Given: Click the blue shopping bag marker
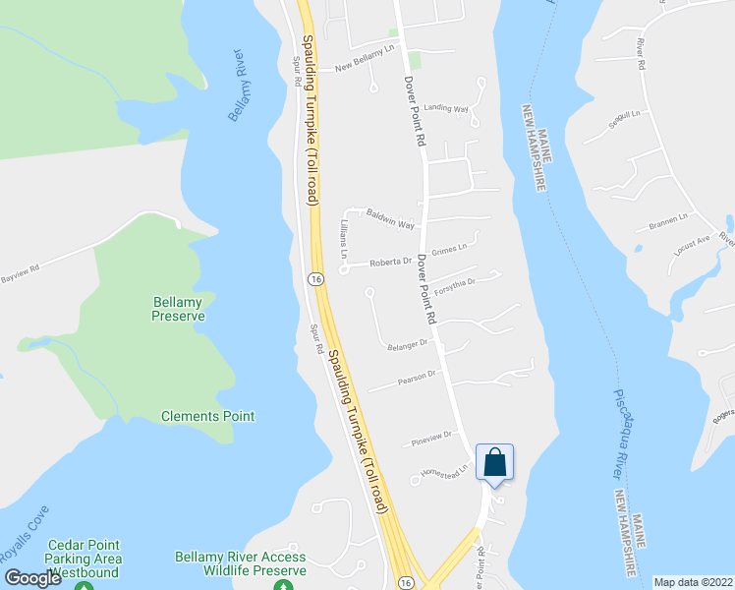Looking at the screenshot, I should pos(494,462).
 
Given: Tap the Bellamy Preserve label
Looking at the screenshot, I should pos(179,309).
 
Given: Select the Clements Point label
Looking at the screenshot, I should pos(208,416).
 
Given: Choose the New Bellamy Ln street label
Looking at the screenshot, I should pos(370,62).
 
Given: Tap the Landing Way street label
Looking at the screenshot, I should pos(446,109).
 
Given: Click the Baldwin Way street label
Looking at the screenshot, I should pos(390,216).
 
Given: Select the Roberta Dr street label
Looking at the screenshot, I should pos(389,263).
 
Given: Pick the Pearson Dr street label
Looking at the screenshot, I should pos(417,376).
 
